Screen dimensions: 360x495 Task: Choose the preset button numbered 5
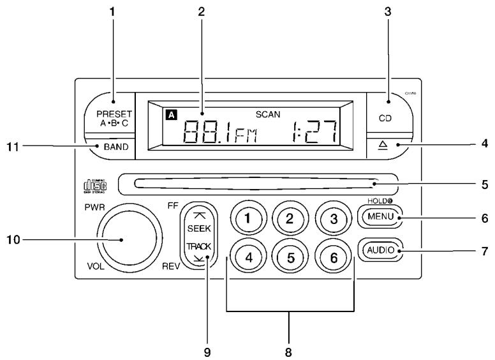tap(290, 259)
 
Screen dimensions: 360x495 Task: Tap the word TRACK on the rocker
tap(205, 246)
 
